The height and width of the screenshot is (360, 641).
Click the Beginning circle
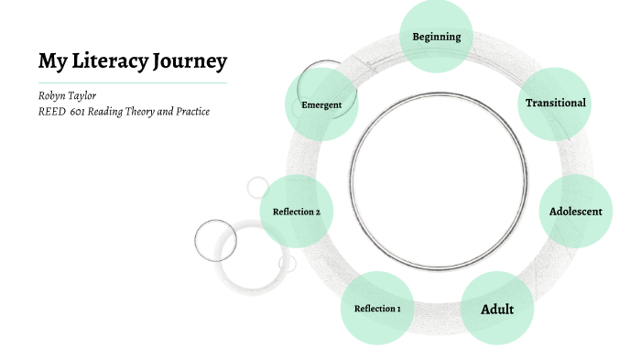point(436,37)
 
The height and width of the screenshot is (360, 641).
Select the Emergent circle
point(320,104)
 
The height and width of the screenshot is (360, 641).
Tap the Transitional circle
point(555,103)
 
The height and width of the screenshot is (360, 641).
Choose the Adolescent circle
point(575,212)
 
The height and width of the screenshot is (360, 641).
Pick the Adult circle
point(496,309)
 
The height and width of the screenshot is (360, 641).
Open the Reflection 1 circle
point(377,309)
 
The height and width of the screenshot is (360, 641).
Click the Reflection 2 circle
point(296,212)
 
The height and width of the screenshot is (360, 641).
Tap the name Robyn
point(52,96)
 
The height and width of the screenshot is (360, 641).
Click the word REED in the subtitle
point(51,112)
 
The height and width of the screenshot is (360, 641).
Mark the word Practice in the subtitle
point(192,112)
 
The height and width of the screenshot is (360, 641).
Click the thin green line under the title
point(133,82)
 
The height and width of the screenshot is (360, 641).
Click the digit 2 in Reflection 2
point(317,212)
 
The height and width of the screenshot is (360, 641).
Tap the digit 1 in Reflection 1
point(398,309)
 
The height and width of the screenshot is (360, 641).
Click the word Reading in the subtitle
point(111,112)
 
